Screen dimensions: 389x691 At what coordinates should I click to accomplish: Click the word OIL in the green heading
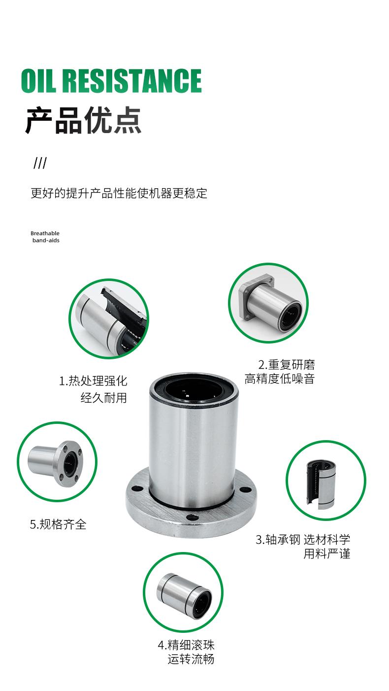tap(39, 80)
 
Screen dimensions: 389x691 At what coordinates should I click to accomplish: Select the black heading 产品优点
tap(83, 120)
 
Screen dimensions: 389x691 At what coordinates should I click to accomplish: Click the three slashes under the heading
tap(40, 163)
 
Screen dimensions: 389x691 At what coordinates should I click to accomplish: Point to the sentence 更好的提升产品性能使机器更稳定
tap(119, 193)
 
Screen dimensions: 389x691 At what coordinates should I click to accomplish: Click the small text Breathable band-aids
tap(45, 237)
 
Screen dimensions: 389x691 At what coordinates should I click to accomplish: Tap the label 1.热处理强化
tap(93, 380)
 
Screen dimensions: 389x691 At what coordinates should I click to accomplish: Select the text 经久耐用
tap(103, 397)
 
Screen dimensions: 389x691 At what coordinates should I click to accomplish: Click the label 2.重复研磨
tap(287, 365)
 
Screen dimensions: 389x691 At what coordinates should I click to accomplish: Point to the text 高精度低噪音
tap(280, 379)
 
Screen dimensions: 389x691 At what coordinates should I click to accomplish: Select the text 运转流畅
tap(191, 658)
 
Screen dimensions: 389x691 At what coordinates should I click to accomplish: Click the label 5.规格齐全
tap(58, 524)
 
